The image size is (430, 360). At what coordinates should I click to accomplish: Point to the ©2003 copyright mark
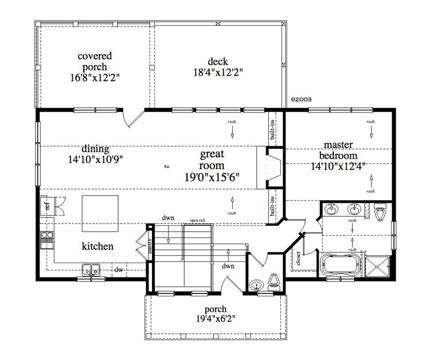point(301,99)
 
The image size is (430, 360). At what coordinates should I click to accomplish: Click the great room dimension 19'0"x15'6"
point(212,177)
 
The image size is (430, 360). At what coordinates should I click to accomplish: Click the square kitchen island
point(101,211)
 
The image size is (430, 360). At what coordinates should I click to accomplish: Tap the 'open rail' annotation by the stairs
point(198,220)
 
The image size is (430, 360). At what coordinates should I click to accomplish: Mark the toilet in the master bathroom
point(379,212)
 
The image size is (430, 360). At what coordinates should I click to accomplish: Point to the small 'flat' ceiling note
point(167,167)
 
